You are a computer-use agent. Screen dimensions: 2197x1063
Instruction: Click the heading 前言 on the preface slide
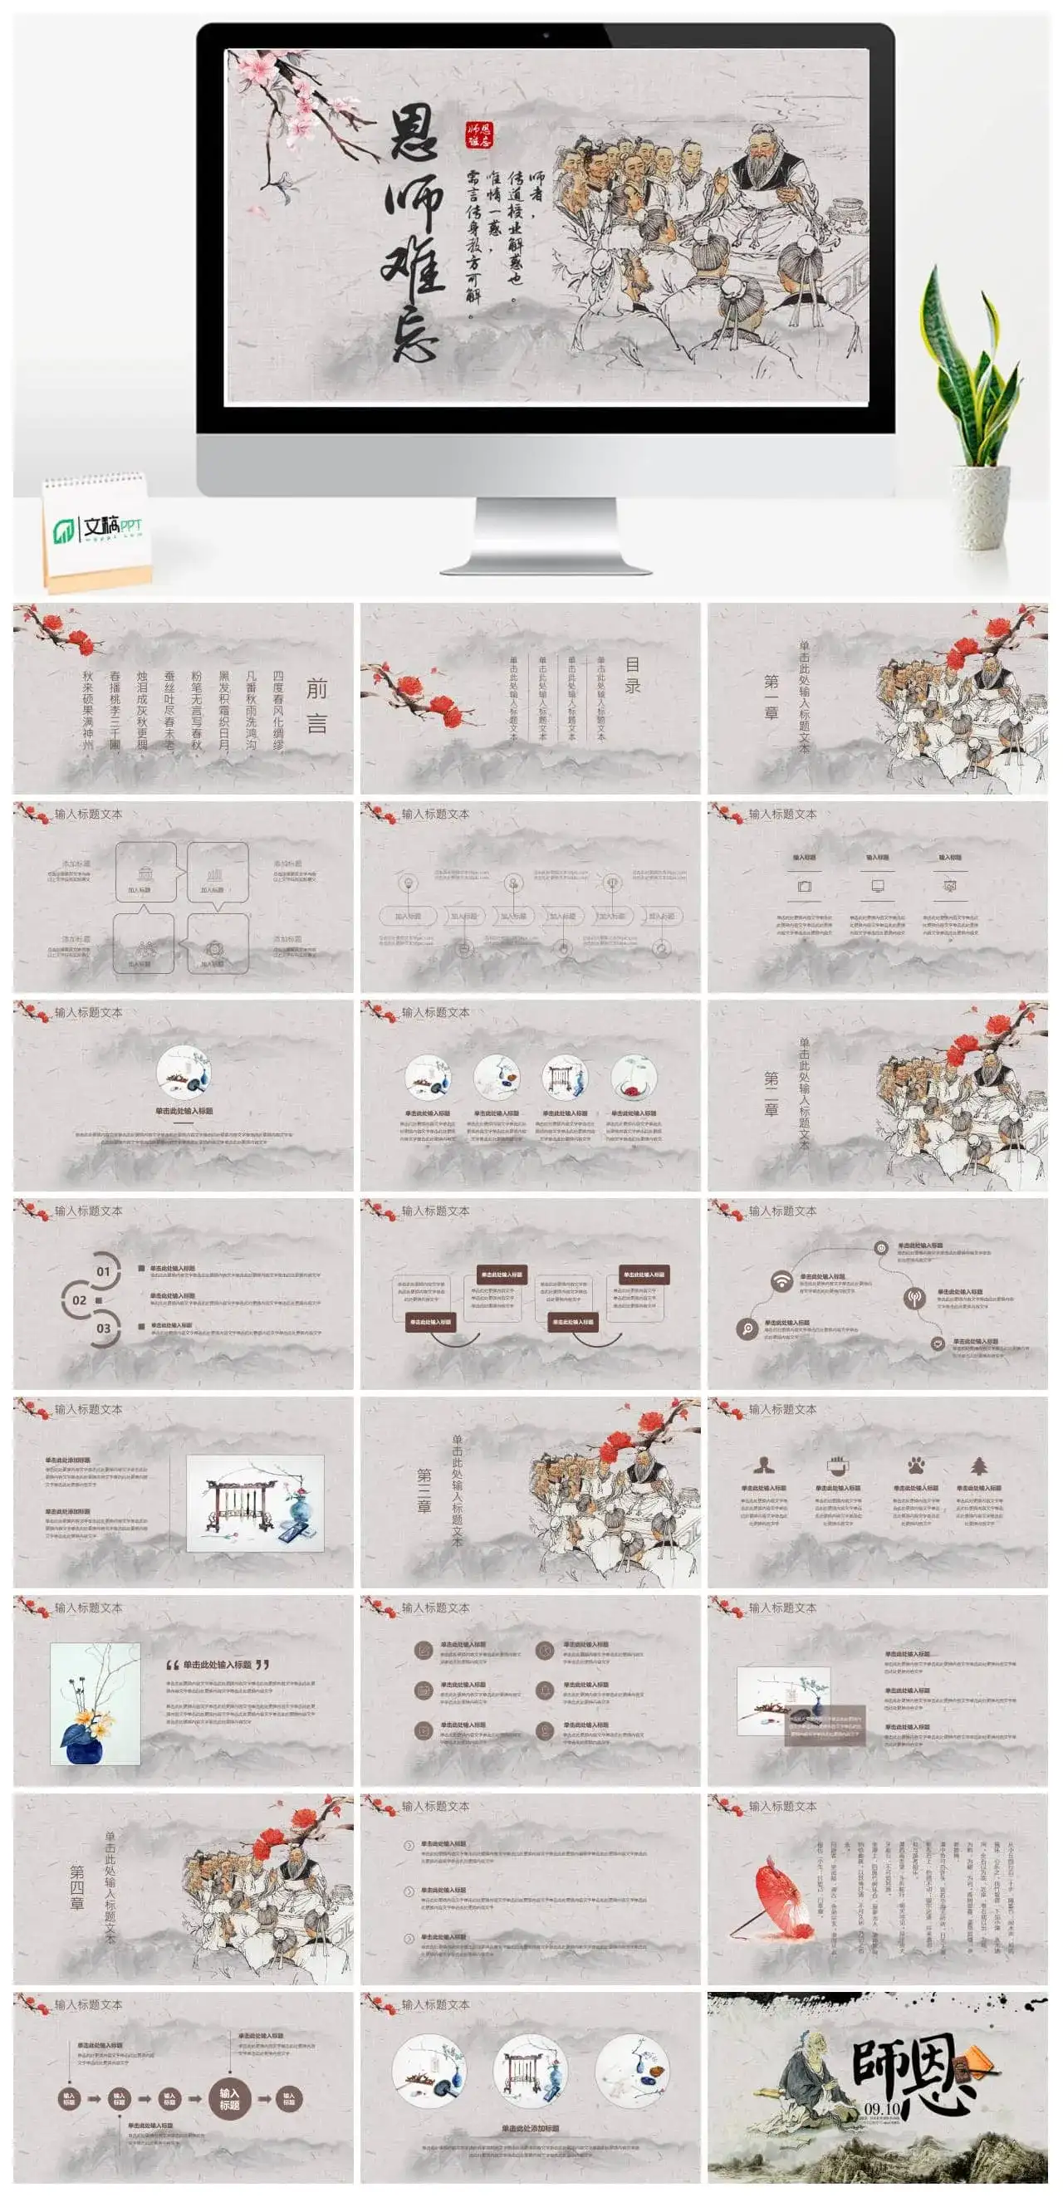pyautogui.click(x=316, y=705)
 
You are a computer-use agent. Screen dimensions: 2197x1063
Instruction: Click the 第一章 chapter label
pyautogui.click(x=772, y=697)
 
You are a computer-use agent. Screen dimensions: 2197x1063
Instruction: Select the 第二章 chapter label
pyautogui.click(x=772, y=1094)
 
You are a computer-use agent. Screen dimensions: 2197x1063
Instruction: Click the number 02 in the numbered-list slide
pyautogui.click(x=80, y=1299)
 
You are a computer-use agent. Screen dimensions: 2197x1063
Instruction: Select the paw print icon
pyautogui.click(x=916, y=1465)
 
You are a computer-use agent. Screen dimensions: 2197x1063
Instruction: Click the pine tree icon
pyautogui.click(x=978, y=1465)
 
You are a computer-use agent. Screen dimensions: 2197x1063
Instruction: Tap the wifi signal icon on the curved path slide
pyautogui.click(x=781, y=1281)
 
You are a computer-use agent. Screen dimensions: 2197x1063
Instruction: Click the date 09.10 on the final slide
pyautogui.click(x=881, y=2108)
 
